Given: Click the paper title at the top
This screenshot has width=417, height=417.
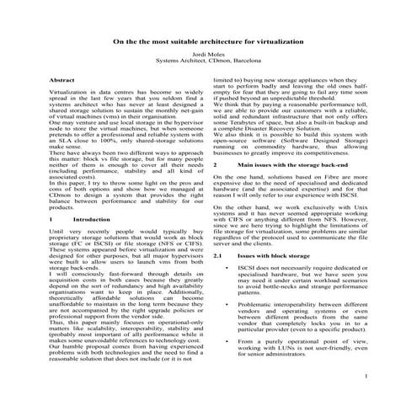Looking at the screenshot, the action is pos(208,40).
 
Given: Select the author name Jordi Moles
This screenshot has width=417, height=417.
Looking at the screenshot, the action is pos(208,53).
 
